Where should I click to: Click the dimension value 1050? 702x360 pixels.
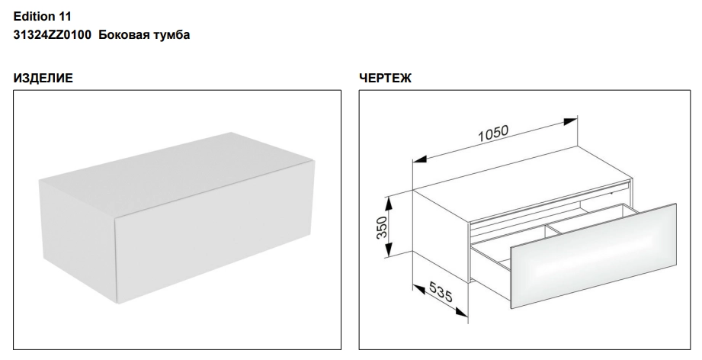pyautogui.click(x=493, y=133)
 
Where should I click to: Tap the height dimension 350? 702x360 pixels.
pyautogui.click(x=381, y=227)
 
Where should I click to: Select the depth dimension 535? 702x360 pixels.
pyautogui.click(x=441, y=291)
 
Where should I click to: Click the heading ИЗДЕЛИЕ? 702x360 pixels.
pyautogui.click(x=43, y=78)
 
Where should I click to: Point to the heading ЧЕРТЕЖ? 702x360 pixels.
pyautogui.click(x=385, y=78)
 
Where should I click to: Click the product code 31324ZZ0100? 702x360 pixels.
pyautogui.click(x=53, y=34)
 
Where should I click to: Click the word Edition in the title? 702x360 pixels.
pyautogui.click(x=34, y=17)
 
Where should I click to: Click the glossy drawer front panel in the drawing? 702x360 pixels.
pyautogui.click(x=593, y=256)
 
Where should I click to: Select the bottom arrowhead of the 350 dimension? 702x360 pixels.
pyautogui.click(x=389, y=249)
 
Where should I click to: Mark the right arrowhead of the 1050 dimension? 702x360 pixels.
pyautogui.click(x=569, y=122)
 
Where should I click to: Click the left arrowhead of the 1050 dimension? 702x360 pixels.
pyautogui.click(x=420, y=159)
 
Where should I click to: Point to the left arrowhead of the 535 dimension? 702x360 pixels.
pyautogui.click(x=419, y=290)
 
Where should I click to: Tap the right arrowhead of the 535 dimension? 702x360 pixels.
pyautogui.click(x=461, y=313)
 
